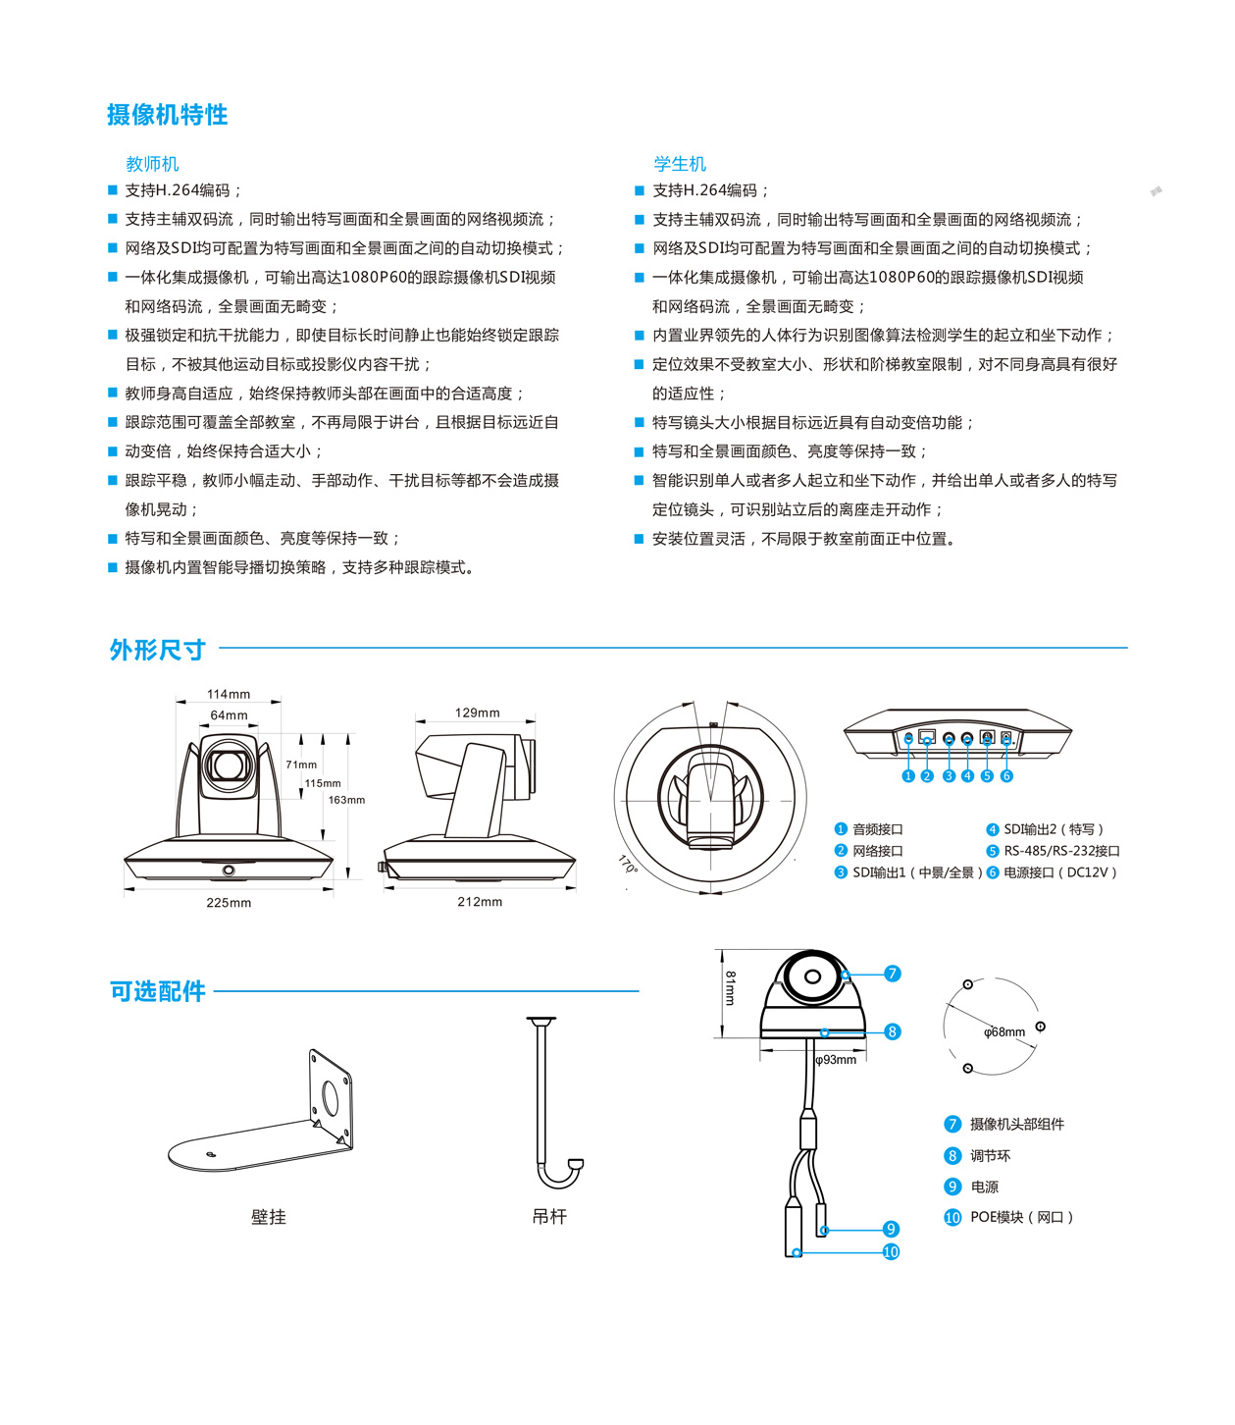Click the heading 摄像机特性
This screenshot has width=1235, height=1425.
point(167,115)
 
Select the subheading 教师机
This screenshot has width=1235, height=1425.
point(152,164)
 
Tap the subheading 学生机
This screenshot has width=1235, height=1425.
point(680,164)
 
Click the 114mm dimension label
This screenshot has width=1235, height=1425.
point(229,695)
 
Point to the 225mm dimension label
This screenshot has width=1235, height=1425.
point(229,903)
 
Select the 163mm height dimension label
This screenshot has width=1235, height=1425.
point(346,800)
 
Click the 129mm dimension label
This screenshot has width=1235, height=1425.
point(478,713)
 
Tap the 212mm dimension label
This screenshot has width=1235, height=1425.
point(480,902)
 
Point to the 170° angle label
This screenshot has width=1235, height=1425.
point(628,865)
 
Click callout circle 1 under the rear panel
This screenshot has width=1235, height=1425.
point(908,776)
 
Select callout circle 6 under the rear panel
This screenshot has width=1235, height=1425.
point(1006,776)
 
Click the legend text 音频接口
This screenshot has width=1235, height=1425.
point(878,830)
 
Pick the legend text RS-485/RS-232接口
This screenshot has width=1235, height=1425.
point(1061,851)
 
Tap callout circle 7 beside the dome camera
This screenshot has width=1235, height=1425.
point(893,974)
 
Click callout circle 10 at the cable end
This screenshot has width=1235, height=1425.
point(891,1252)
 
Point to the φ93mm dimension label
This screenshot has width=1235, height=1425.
point(836,1060)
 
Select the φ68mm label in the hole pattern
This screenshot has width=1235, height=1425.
point(1004,1032)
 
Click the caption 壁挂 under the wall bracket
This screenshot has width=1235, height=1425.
point(269,1217)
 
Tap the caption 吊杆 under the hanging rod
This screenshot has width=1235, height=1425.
point(549,1217)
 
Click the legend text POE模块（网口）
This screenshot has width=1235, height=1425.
point(1021,1218)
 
